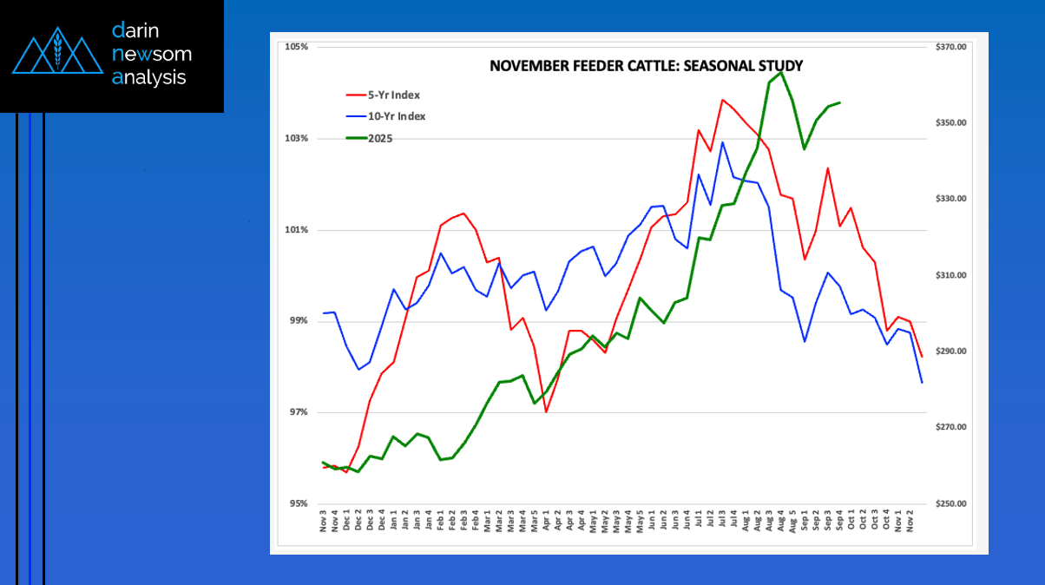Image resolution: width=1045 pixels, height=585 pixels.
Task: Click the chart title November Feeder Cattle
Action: pos(646,65)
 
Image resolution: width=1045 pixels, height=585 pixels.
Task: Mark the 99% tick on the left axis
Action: pos(299,321)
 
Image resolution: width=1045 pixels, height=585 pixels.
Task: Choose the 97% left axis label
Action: pos(299,412)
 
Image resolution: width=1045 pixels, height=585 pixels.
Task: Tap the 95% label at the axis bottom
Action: pos(299,503)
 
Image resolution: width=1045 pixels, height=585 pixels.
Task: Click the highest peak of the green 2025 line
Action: pos(780,72)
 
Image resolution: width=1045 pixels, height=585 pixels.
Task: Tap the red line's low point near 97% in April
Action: pos(546,411)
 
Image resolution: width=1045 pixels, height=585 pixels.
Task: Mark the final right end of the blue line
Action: pos(922,383)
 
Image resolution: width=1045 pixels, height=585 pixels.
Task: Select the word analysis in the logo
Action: pos(148,77)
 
